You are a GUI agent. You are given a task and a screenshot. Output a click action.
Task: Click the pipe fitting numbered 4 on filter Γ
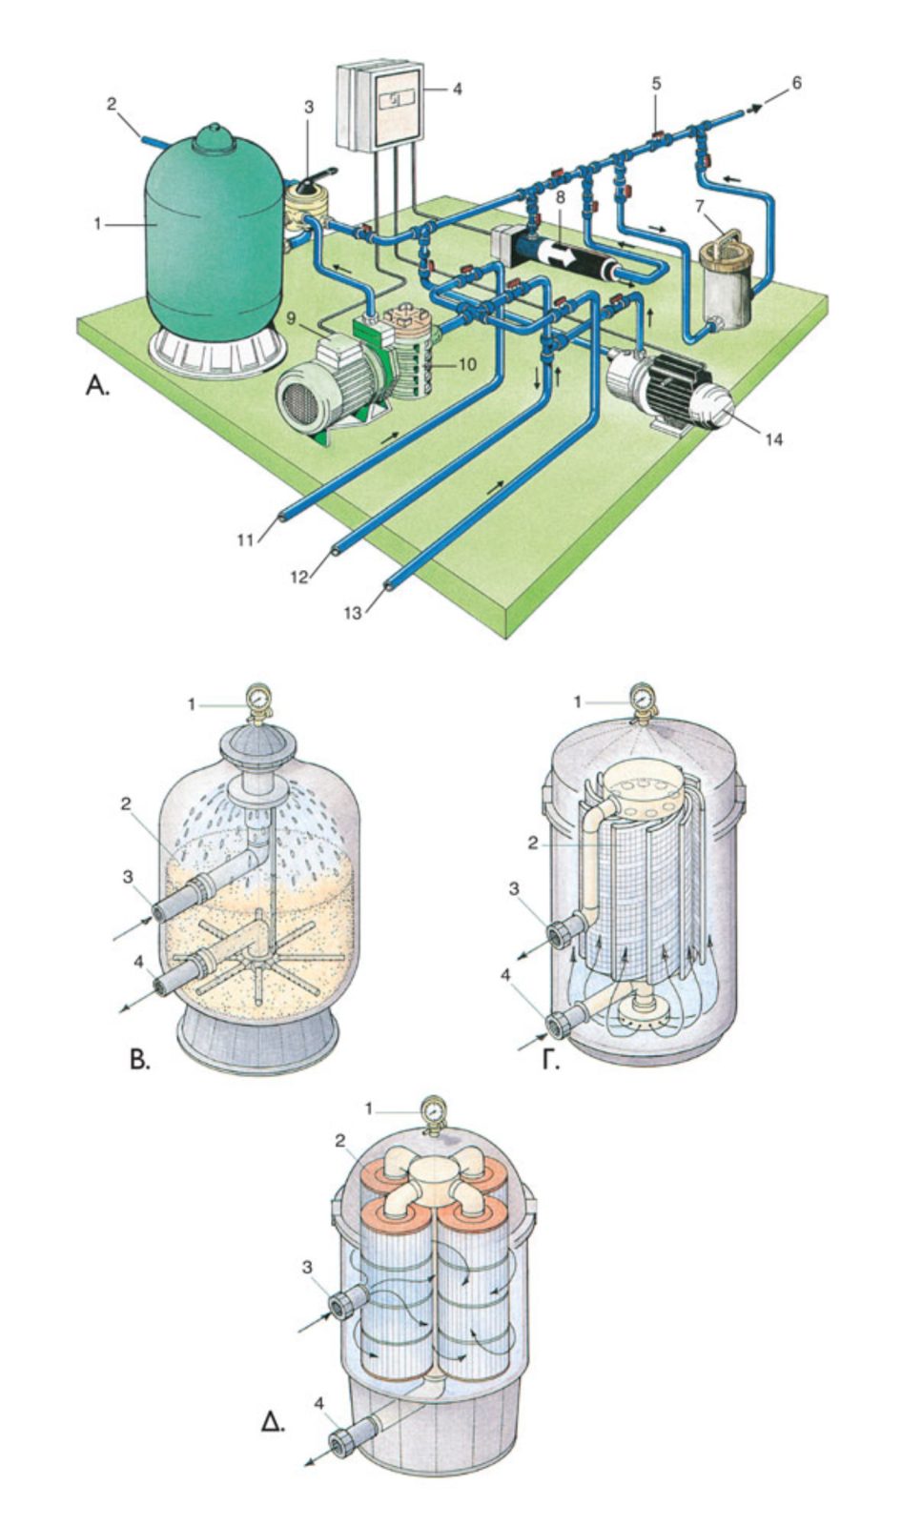558,1026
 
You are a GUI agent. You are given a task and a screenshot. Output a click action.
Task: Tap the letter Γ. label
550,1058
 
